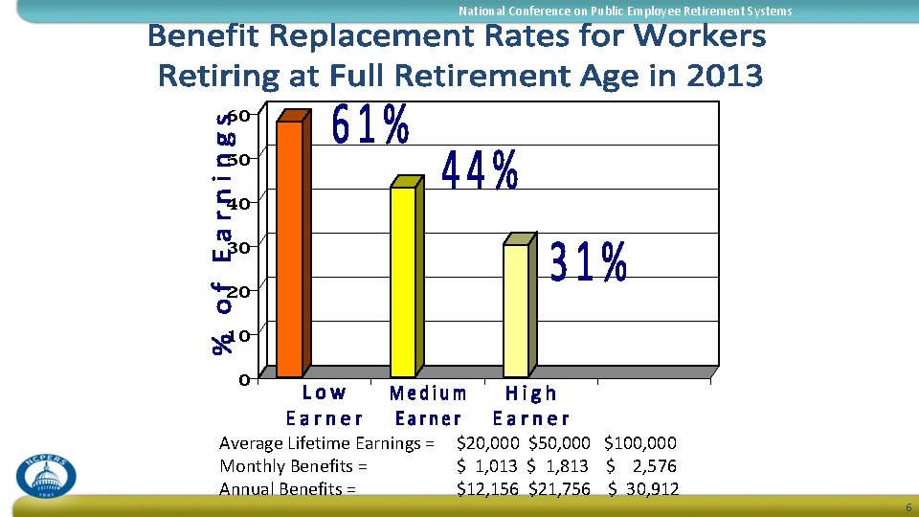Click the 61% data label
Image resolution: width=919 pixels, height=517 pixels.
(x=371, y=125)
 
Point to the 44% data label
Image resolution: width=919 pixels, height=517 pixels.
(x=481, y=171)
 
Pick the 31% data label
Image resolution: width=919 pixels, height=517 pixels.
(x=589, y=261)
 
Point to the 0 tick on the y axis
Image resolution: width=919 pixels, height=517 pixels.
(x=245, y=379)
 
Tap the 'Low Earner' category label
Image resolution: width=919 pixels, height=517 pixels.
(x=325, y=405)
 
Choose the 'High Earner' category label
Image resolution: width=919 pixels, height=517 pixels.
(x=531, y=405)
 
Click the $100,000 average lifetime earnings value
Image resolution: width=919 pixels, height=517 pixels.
(x=640, y=442)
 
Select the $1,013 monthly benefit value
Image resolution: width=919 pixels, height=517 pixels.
(x=487, y=466)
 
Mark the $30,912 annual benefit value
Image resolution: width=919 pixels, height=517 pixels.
(x=643, y=489)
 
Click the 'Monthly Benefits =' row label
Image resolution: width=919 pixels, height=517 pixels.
(x=294, y=466)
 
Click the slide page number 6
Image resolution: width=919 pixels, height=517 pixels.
(x=908, y=508)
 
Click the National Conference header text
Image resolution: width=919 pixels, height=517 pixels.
(x=625, y=11)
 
